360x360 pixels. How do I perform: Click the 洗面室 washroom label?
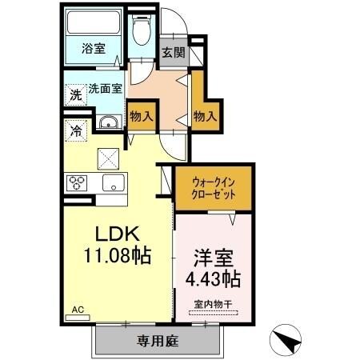(x=103, y=89)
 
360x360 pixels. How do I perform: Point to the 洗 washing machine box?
(x=74, y=93)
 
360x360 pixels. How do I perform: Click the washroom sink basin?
(x=107, y=123)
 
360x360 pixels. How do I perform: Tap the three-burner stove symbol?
(x=77, y=182)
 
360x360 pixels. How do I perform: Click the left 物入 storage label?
(x=142, y=116)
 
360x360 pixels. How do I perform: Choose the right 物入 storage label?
(x=206, y=116)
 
